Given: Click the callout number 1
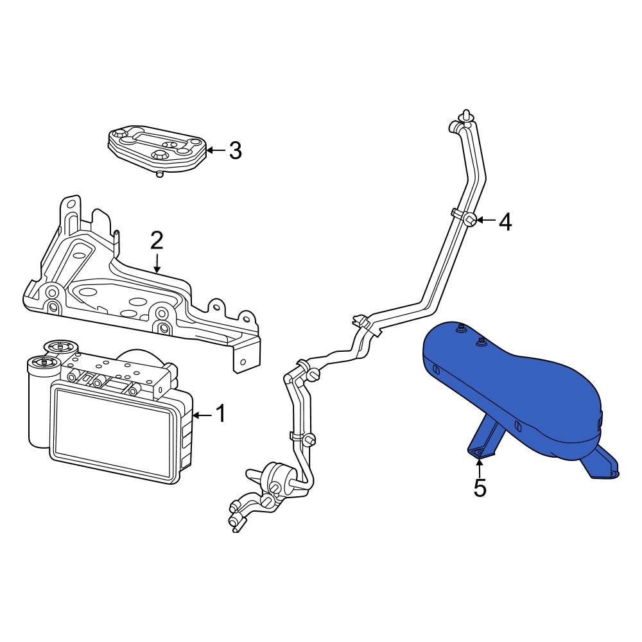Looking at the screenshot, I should [220, 415].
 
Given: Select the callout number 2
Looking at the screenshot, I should [157, 241].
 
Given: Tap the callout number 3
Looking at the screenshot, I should [235, 151].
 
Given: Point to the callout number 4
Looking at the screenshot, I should [505, 222].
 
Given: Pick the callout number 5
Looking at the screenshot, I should [480, 489].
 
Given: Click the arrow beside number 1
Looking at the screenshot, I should [201, 415].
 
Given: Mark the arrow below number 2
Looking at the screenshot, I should [157, 263].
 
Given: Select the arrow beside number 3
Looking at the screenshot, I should [216, 151].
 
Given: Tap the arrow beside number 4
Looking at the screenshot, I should [486, 221].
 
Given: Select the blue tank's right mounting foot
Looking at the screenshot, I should [601, 465].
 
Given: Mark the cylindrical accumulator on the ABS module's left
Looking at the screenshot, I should [40, 404].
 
